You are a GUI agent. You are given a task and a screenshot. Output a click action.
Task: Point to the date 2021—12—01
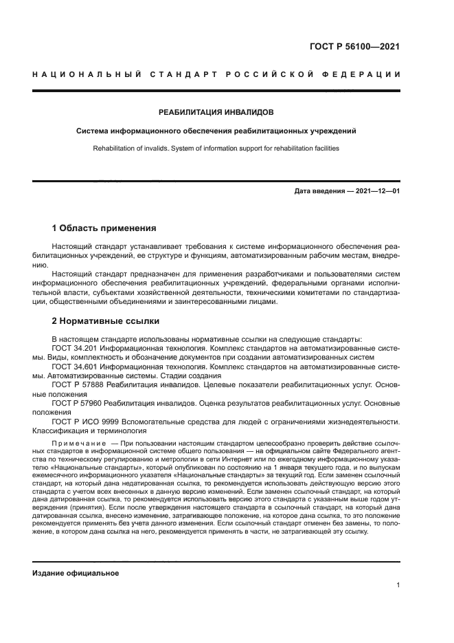[x=376, y=190]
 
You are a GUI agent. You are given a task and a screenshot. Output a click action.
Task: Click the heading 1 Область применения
[x=104, y=228]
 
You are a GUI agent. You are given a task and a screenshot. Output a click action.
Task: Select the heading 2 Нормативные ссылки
[x=105, y=320]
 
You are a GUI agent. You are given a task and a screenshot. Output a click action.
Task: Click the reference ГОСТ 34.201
[x=76, y=348]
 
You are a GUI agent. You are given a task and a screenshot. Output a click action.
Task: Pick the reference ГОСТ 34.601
[x=76, y=367]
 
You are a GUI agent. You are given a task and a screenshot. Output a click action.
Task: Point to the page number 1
[x=398, y=585]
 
